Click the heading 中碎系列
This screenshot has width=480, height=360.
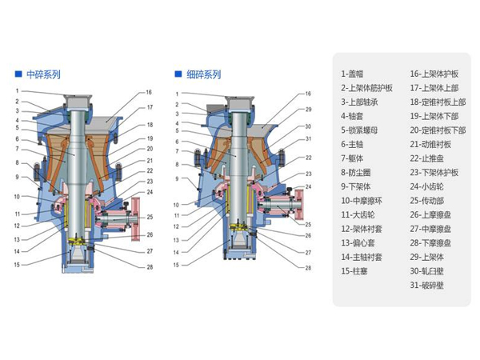[x=43, y=74]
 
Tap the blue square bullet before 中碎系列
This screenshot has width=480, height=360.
[x=18, y=74]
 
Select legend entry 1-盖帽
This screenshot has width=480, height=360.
[x=356, y=73]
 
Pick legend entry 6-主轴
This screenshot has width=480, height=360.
[x=356, y=144]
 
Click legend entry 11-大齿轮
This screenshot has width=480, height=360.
[x=360, y=214]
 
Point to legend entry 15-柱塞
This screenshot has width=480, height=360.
[x=358, y=271]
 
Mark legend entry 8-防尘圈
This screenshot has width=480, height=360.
[x=358, y=172]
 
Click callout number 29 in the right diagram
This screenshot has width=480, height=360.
[x=307, y=109]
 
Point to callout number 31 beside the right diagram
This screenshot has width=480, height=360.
[x=307, y=140]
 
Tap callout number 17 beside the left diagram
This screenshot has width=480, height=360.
[x=150, y=107]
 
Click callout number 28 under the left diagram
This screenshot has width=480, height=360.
[x=150, y=267]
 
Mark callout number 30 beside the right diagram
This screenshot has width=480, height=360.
[x=307, y=126]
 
